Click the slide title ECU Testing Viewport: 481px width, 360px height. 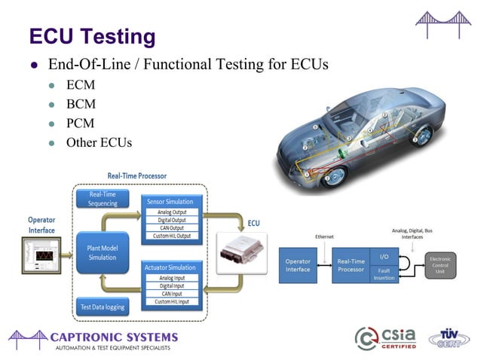pyautogui.click(x=92, y=35)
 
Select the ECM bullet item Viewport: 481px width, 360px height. pyautogui.click(x=80, y=86)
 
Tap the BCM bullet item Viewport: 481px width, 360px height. pyautogui.click(x=81, y=105)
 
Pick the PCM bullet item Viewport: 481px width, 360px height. pyautogui.click(x=81, y=123)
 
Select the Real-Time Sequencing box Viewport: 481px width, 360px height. pyautogui.click(x=103, y=198)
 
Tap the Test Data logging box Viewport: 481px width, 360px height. pyautogui.click(x=103, y=307)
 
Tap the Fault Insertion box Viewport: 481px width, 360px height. pyautogui.click(x=383, y=273)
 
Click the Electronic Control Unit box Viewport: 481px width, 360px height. pyautogui.click(x=440, y=265)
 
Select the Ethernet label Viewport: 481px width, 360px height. pyautogui.click(x=324, y=236)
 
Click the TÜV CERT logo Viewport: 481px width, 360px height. pyautogui.click(x=449, y=338)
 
